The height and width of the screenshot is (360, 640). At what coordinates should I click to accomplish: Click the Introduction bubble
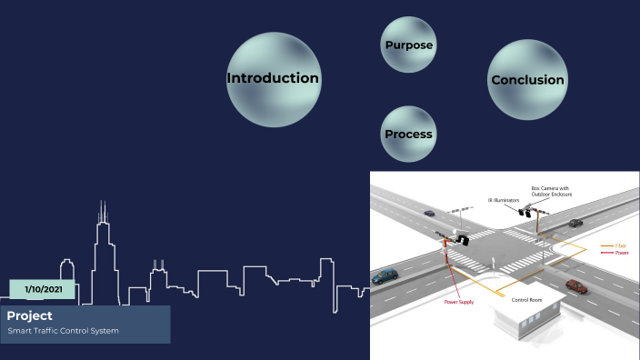coord(273,78)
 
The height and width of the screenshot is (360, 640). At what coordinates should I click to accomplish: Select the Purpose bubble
coord(408,45)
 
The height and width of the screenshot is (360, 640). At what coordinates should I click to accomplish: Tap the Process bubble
coord(408,135)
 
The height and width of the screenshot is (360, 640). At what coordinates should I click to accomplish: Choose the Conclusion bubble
coord(527,80)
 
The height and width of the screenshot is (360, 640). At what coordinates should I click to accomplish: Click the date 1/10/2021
coord(42,290)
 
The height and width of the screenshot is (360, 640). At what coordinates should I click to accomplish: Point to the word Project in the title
coord(30,315)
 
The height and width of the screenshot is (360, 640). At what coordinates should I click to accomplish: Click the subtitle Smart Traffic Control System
coord(63,330)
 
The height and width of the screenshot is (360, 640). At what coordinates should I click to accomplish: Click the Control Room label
coord(527,299)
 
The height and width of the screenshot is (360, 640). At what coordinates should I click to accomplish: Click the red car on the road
coord(575,286)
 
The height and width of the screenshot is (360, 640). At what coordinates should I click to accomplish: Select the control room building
coord(526,317)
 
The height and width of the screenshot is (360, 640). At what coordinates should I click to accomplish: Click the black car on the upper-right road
coord(575,222)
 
